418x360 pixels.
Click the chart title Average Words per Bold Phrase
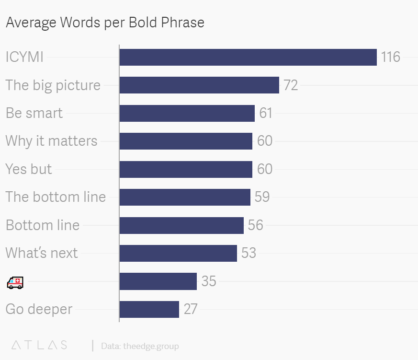point(105,23)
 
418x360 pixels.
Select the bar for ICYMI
point(248,57)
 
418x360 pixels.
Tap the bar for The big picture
point(199,85)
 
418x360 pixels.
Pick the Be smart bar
point(187,113)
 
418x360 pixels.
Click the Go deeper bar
point(149,309)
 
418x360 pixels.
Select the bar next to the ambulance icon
point(158,281)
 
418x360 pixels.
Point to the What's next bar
point(178,253)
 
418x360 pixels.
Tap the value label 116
point(390,57)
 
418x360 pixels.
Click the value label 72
point(291,85)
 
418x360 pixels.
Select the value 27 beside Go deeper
point(190,309)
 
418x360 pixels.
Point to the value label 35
point(209,281)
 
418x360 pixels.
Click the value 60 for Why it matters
point(264,141)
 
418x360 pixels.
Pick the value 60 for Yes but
point(264,169)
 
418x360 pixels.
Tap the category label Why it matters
point(51,141)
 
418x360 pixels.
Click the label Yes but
point(29,169)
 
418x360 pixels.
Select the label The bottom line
point(56,197)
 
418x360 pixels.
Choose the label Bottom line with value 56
point(43,225)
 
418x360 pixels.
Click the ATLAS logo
point(39,345)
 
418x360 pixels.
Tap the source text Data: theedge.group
point(140,346)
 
